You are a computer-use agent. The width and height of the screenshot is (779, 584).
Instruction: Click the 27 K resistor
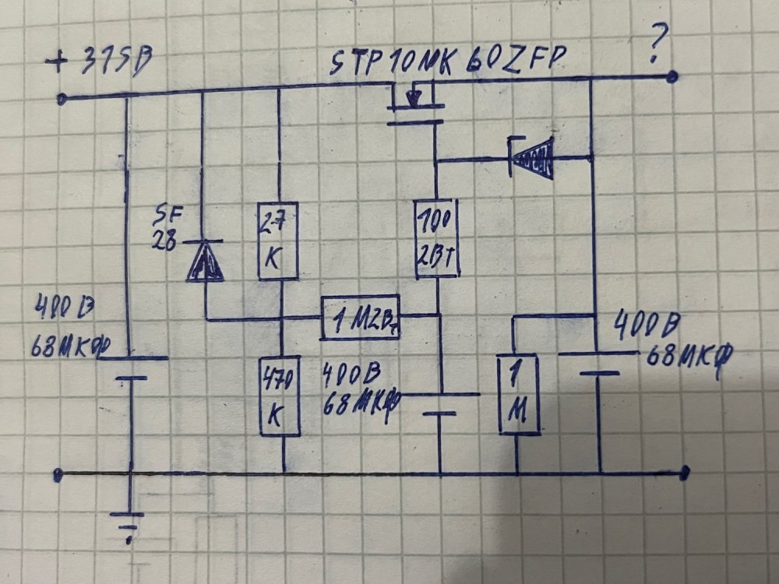pos(277,242)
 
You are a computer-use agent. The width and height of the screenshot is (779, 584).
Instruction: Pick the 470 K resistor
pos(281,397)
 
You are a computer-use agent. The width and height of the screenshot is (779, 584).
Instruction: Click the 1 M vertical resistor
pos(519,395)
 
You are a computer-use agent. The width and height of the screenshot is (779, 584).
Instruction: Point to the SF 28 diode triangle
pos(204,260)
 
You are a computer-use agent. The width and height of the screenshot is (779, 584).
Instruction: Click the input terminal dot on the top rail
pos(63,99)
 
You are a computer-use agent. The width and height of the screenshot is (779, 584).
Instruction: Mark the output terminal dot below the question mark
pos(673,76)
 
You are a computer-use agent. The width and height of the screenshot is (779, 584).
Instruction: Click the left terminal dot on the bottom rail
pos(58,473)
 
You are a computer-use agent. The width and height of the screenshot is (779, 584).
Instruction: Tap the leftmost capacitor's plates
pos(132,368)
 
